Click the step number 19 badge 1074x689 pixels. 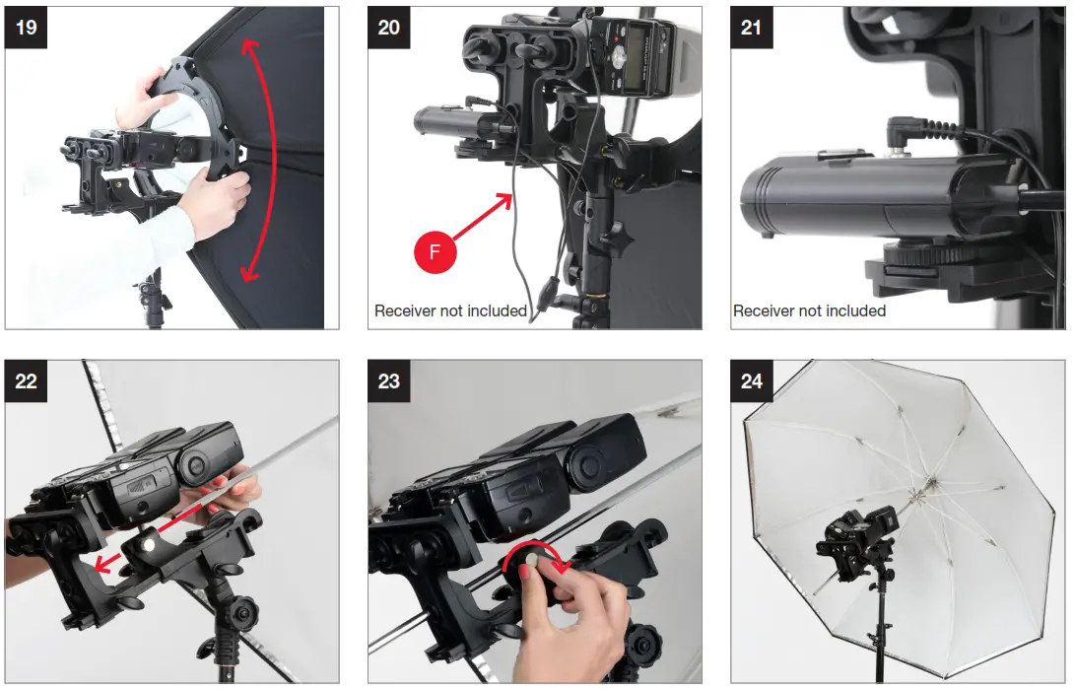point(27,27)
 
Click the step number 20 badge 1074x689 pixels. point(389,27)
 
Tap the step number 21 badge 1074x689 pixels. point(752,27)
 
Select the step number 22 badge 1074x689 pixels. point(27,380)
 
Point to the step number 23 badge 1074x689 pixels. point(389,380)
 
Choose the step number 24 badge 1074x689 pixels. point(752,380)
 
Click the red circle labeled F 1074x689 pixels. point(436,253)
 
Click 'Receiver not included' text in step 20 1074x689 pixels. point(450,310)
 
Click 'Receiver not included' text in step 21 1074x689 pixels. point(809,310)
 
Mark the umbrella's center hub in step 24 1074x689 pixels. point(927,485)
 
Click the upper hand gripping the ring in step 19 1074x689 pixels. point(140,99)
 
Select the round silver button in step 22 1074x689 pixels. point(146,544)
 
